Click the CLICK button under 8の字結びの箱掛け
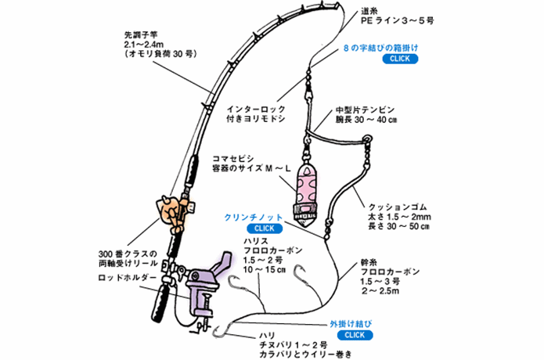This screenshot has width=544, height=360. pos(400,59)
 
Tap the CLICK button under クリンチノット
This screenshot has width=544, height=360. pos(265,229)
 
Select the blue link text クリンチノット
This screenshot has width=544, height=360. pos(254,218)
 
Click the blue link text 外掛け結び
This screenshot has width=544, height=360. pos(351,324)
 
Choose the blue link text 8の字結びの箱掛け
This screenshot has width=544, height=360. pos(380,48)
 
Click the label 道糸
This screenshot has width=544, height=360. pos(369,12)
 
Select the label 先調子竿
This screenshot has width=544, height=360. pos(141,35)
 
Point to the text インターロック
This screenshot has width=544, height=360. pos(256,110)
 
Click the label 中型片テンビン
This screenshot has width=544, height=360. pos(365,110)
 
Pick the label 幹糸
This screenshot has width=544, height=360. pos(369,262)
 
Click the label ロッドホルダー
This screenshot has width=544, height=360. pos(128,278)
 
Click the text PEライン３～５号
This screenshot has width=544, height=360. pos(398,21)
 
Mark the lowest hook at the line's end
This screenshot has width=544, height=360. pos(222,331)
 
